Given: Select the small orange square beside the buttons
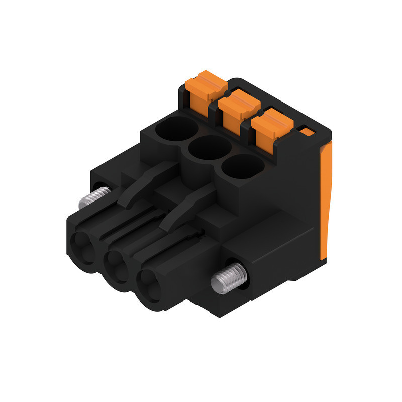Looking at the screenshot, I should [306, 132].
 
